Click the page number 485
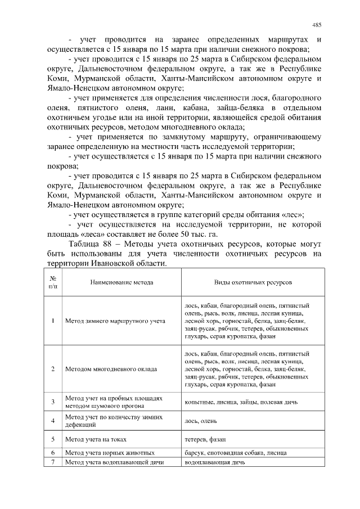point(317,25)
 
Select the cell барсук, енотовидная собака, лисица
point(236,453)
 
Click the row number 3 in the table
point(52,402)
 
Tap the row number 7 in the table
point(52,462)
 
